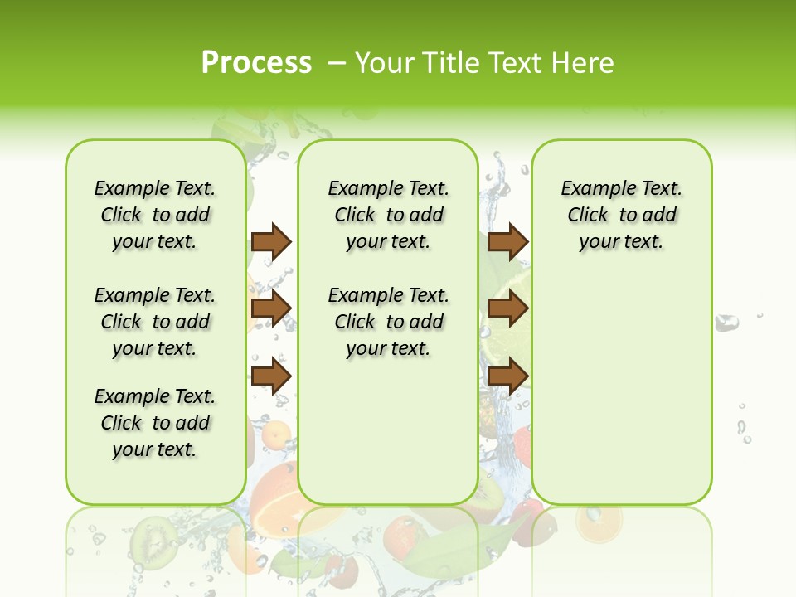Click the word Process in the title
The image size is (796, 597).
[256, 63]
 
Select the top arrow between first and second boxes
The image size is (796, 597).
[271, 241]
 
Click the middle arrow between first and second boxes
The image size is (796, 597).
[271, 308]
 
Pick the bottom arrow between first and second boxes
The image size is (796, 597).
[271, 376]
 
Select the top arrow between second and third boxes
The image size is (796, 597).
[507, 241]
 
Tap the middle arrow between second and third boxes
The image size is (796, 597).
[507, 308]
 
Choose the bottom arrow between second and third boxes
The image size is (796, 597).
[507, 376]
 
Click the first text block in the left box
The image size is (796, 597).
[155, 215]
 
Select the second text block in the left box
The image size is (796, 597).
[155, 322]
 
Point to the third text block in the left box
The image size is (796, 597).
[155, 423]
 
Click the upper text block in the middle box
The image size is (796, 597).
[388, 215]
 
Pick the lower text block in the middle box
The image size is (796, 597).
[388, 322]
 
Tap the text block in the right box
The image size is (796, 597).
[621, 215]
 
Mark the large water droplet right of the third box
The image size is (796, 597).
[726, 323]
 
